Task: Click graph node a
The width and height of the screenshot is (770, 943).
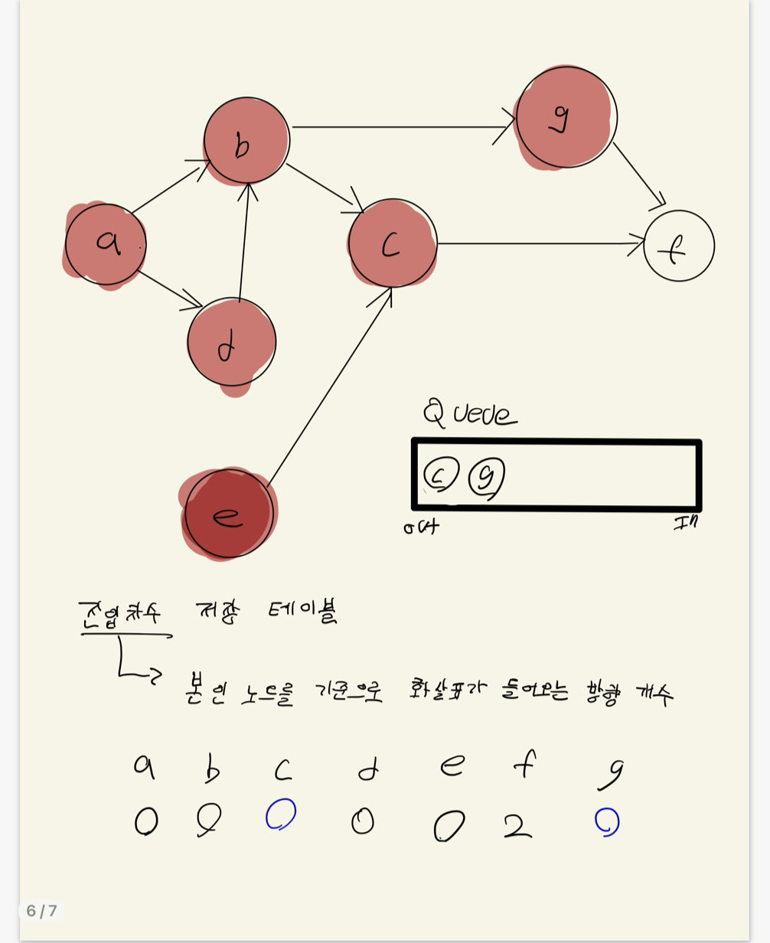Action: [x=106, y=244]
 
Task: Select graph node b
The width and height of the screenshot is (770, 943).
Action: [x=246, y=141]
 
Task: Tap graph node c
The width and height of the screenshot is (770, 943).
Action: [x=392, y=243]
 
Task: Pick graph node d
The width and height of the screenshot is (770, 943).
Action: [x=231, y=342]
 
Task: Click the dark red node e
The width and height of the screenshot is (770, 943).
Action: [x=229, y=514]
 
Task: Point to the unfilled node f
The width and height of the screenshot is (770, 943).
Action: [x=679, y=246]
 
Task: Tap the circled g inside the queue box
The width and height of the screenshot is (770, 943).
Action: [x=487, y=477]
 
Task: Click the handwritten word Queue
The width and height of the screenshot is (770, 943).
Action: [x=470, y=413]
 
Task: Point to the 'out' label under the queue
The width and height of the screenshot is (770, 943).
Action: [x=422, y=527]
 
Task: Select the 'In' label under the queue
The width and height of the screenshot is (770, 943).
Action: [x=686, y=523]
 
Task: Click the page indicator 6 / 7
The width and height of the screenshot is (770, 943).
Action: [x=42, y=910]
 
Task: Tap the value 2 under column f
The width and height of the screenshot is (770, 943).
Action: [x=517, y=826]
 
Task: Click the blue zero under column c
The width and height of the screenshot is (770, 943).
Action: [x=281, y=814]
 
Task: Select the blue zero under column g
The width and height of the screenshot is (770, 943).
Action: [x=607, y=822]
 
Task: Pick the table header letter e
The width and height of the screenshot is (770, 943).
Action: [x=452, y=765]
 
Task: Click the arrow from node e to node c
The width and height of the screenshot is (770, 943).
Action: [x=329, y=387]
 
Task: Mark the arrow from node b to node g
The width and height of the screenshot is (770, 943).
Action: [x=402, y=126]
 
